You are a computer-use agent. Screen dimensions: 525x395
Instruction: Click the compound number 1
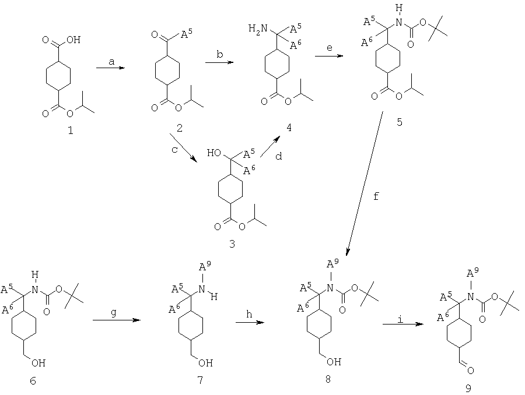click(71, 130)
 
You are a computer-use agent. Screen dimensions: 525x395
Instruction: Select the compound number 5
click(400, 122)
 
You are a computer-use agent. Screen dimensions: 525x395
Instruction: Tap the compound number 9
click(468, 388)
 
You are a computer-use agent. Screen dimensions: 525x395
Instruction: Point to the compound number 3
click(232, 244)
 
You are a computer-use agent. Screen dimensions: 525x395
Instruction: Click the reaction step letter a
click(111, 62)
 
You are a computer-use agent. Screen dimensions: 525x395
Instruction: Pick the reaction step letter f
click(376, 196)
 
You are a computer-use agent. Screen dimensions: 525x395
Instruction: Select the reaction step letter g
click(114, 313)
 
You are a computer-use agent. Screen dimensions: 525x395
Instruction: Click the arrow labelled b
click(219, 62)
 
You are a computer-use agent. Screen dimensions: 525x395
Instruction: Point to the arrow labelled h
click(250, 322)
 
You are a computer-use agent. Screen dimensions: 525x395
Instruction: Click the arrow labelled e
click(329, 56)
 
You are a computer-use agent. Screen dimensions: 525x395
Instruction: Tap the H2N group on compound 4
click(258, 29)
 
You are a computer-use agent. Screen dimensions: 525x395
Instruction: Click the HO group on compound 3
click(213, 153)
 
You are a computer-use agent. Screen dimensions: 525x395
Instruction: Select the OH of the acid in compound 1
click(73, 40)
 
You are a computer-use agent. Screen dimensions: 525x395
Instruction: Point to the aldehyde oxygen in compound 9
click(470, 371)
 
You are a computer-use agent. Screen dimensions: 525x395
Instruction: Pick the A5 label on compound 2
click(187, 34)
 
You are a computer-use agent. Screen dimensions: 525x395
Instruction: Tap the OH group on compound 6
click(38, 362)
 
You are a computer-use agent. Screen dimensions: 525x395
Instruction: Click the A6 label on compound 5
click(367, 43)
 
